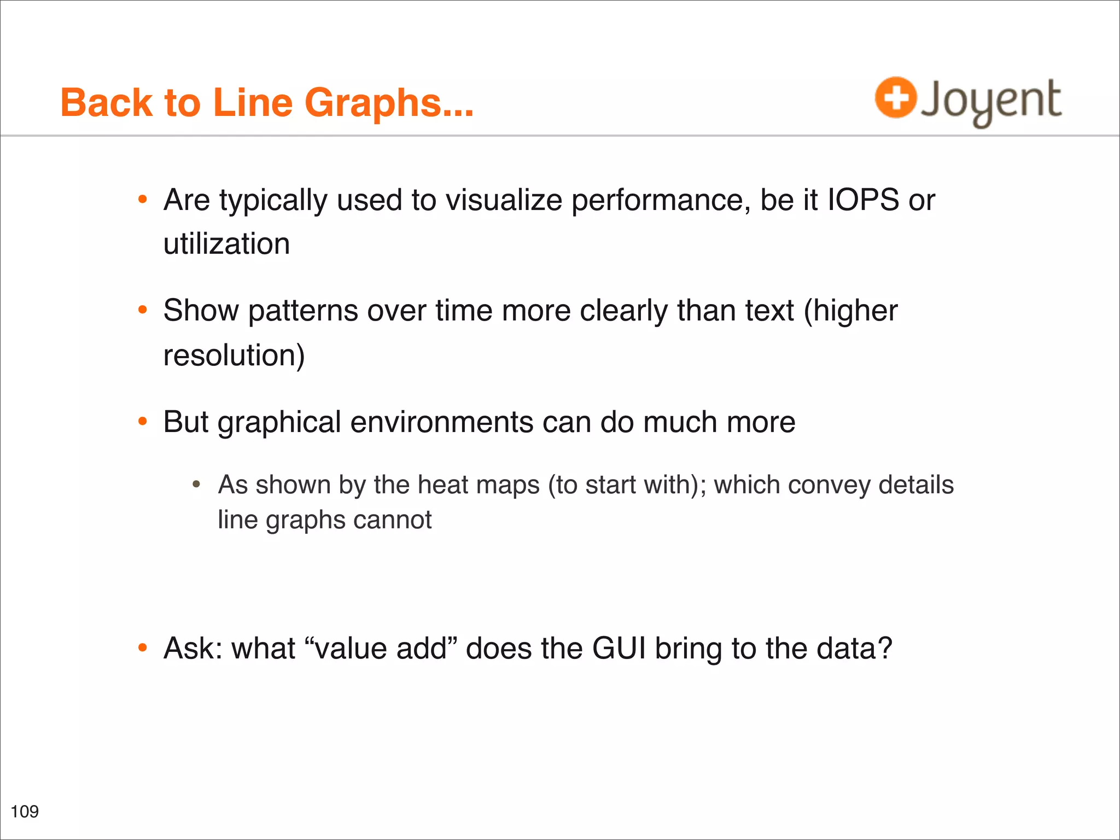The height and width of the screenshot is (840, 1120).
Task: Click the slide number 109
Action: point(25,811)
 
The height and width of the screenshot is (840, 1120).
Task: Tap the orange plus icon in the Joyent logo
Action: point(895,98)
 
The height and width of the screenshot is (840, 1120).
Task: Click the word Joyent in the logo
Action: point(991,101)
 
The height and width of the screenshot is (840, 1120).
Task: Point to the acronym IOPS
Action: point(863,200)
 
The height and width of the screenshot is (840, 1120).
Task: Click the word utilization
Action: point(226,244)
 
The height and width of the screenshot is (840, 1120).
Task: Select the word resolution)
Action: point(234,355)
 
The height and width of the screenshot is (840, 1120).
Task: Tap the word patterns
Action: point(302,311)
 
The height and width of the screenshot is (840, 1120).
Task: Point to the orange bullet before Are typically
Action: point(143,200)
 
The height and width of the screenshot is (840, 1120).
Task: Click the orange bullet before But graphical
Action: point(143,422)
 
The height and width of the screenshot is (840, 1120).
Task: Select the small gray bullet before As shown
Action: point(196,485)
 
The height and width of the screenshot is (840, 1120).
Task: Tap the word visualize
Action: point(504,200)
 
